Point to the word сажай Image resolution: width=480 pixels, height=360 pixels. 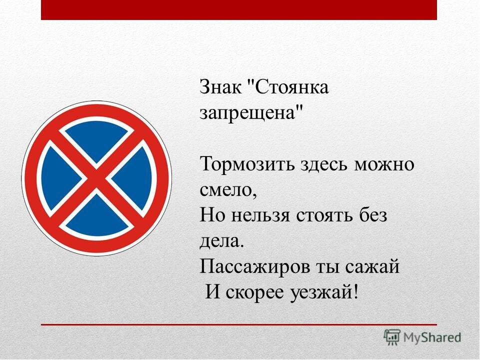coord(372,266)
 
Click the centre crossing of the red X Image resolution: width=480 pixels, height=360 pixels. coord(96,178)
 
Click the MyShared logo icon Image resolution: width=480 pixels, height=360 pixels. coord(392,337)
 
